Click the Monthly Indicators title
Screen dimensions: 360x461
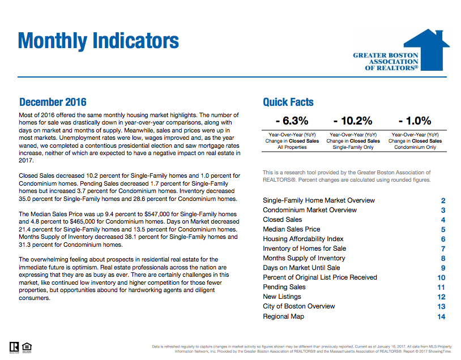[99, 41]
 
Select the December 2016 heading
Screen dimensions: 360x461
[53, 102]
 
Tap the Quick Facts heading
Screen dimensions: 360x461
[288, 102]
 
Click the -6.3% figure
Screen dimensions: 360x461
[292, 121]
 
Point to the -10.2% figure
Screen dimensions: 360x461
[353, 121]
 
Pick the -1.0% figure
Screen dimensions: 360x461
[415, 121]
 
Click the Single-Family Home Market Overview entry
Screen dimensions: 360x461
[318, 200]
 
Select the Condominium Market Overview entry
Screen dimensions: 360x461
[310, 210]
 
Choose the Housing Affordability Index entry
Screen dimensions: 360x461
[303, 239]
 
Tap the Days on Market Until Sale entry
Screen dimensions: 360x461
[301, 268]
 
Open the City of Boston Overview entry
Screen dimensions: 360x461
[298, 306]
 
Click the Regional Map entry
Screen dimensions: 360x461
[283, 316]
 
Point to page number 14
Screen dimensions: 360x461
[442, 317]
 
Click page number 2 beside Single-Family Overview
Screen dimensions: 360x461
[443, 201]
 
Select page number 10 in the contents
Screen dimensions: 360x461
[442, 278]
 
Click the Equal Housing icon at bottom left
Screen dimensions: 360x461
[27, 346]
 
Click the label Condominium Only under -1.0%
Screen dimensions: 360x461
[415, 147]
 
